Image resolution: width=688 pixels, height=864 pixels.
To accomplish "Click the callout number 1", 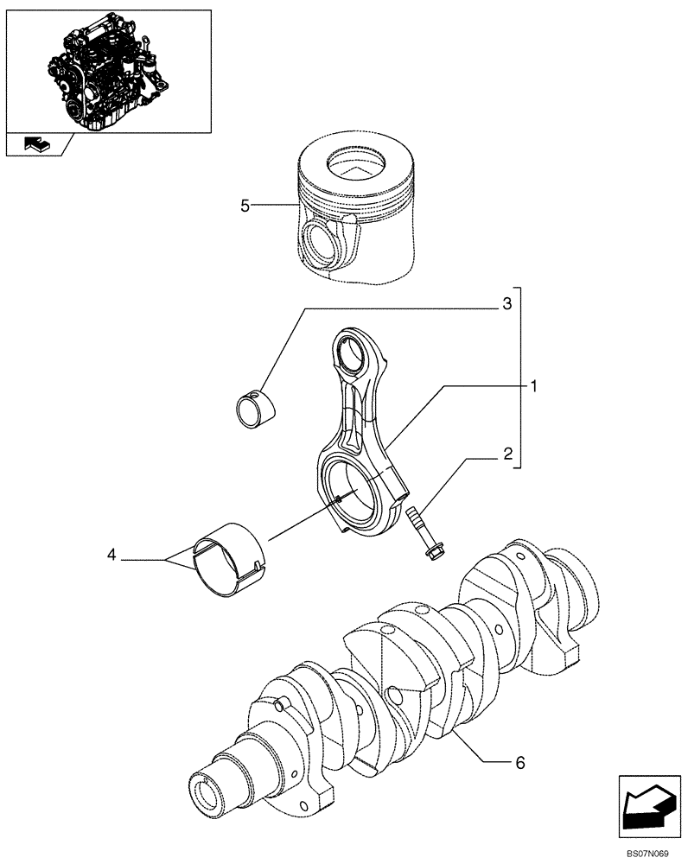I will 535,386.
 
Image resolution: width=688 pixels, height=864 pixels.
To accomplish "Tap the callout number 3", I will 507,303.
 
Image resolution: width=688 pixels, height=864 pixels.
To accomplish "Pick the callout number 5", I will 245,205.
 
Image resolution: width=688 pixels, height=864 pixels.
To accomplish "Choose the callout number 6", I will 519,762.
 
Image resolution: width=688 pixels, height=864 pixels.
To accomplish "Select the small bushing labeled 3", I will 253,405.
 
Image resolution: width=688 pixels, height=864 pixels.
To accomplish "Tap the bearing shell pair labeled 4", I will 226,563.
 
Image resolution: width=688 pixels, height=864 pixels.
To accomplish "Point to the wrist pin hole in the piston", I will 322,240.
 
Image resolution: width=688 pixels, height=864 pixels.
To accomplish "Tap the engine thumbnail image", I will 108,71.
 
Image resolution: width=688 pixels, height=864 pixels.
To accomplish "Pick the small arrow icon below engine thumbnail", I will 37,145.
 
